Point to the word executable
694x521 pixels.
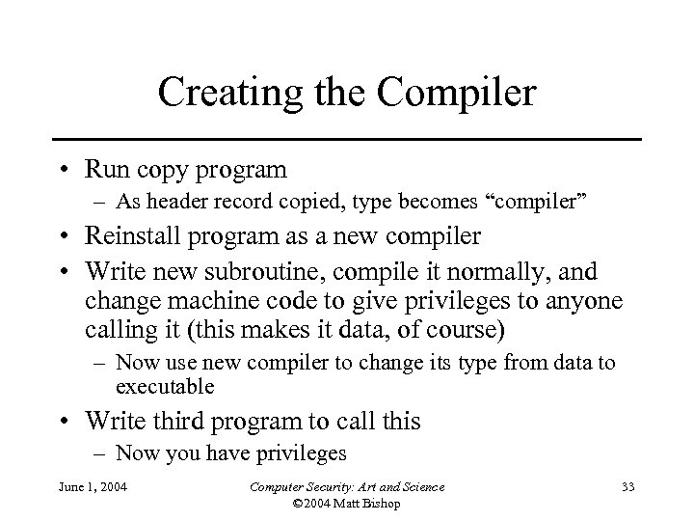point(164,388)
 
